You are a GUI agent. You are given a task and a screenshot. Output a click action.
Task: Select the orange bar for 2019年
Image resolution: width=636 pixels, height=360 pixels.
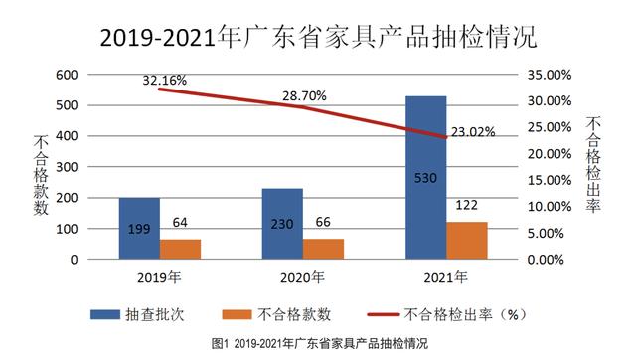(x=180, y=249)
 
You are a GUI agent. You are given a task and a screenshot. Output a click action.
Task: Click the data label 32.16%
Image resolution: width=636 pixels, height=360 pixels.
(x=165, y=79)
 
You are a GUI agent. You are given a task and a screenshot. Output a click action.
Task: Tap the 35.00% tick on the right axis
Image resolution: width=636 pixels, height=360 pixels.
(x=546, y=75)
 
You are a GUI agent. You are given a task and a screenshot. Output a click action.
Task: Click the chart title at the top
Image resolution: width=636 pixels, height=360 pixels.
(x=318, y=37)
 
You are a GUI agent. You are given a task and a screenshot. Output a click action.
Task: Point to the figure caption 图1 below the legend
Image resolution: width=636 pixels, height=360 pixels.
(x=318, y=344)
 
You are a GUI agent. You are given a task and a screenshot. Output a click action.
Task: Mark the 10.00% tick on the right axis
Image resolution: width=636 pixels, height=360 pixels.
(x=546, y=207)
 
